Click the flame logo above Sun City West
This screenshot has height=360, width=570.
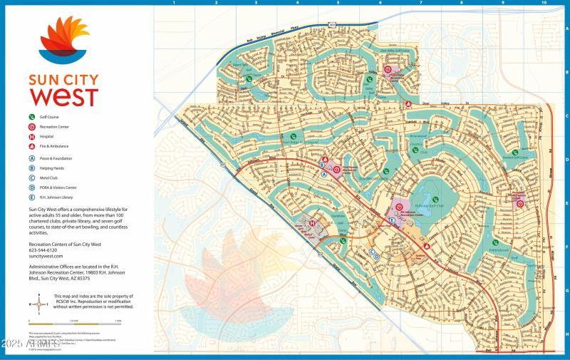pos(63,41)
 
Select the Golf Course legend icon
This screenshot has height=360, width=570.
pos(31,115)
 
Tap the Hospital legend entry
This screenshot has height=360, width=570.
pos(53,135)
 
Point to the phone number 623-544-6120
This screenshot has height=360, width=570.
pos(42,250)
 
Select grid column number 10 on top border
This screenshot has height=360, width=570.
pos(544,3)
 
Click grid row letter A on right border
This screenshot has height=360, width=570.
pos(566,29)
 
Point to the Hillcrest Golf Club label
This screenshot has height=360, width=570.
pos(435,206)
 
